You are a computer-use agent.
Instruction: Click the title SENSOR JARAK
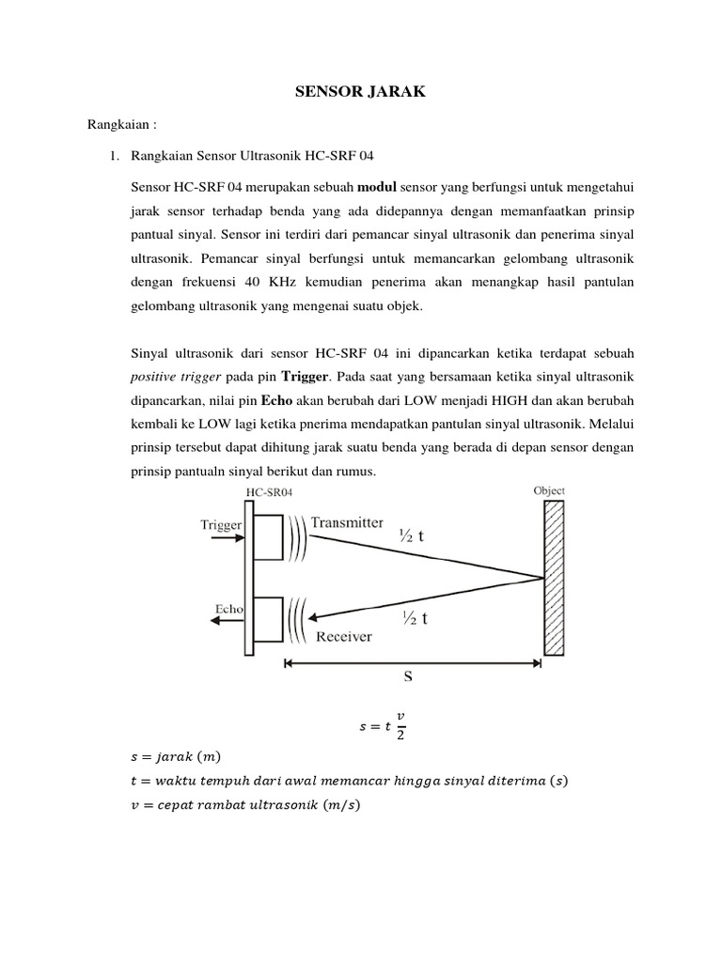click(x=360, y=90)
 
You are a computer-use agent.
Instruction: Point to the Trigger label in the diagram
click(x=222, y=525)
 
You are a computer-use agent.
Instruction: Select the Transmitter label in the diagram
click(x=347, y=523)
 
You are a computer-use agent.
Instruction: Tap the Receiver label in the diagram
click(x=344, y=636)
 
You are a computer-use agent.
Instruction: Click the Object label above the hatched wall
click(x=549, y=490)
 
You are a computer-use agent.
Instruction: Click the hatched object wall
click(x=555, y=578)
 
